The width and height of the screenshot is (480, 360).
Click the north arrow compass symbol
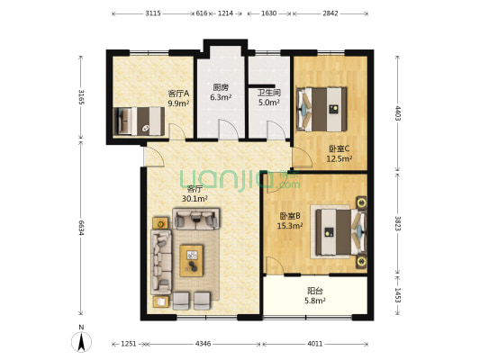81,342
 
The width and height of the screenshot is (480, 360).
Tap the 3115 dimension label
153,13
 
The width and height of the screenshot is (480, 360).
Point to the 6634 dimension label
81,228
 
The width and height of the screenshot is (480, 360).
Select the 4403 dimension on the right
397,113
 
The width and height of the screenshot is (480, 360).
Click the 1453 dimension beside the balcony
397,295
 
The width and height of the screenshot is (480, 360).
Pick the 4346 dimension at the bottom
203,344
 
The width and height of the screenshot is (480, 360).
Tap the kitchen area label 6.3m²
221,97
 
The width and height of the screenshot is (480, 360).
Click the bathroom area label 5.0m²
268,103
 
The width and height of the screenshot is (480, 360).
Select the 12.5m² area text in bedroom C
339,158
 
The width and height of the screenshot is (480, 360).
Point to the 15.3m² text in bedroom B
290,226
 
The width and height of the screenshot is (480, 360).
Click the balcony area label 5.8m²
314,301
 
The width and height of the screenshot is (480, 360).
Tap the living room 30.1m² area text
195,199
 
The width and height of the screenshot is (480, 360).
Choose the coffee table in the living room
192,261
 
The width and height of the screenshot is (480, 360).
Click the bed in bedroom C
322,109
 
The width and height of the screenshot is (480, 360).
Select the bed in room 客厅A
139,121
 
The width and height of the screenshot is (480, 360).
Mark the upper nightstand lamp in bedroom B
362,202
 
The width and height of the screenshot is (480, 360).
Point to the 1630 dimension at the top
269,13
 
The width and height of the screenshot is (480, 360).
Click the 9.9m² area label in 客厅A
178,103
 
